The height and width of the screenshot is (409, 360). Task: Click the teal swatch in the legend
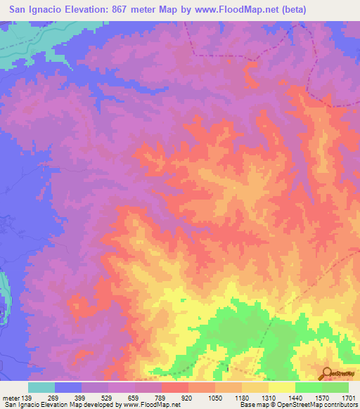tap(41, 387)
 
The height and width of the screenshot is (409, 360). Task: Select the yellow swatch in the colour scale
tap(281, 387)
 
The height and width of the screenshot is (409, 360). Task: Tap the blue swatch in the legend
tap(68, 387)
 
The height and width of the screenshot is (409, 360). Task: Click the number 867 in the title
tap(137, 9)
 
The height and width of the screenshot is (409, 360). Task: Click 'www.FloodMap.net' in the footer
tap(150, 404)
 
